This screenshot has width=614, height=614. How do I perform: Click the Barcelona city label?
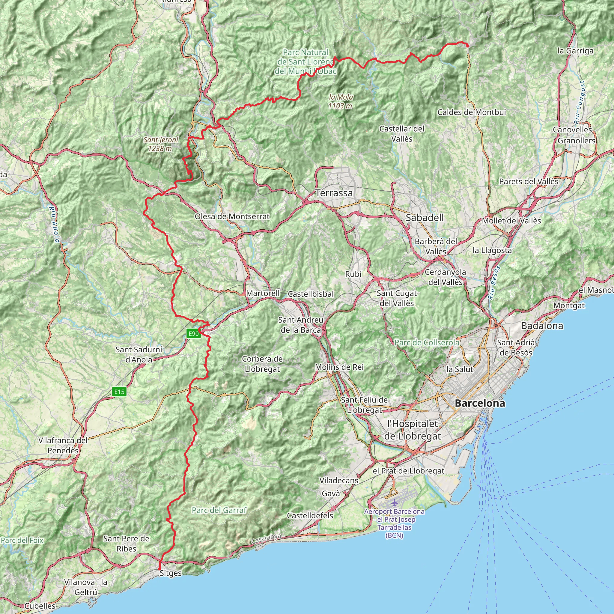click(x=480, y=403)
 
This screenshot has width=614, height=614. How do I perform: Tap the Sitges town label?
click(x=171, y=573)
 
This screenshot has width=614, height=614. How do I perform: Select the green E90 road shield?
click(x=193, y=333)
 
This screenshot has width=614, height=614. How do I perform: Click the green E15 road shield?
click(x=120, y=392)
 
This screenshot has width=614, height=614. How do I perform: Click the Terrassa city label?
click(x=334, y=193)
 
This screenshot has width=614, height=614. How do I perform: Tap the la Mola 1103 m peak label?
click(x=340, y=101)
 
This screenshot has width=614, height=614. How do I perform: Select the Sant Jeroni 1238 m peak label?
click(x=160, y=144)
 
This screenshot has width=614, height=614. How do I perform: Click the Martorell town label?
click(x=263, y=293)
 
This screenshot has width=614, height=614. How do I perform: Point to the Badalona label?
click(x=542, y=326)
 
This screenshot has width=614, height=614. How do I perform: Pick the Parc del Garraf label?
click(x=219, y=510)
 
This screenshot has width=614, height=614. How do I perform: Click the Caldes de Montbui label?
click(x=472, y=112)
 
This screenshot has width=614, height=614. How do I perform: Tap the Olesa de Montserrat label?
click(x=232, y=216)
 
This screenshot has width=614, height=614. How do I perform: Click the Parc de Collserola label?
click(x=427, y=343)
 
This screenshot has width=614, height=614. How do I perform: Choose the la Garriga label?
click(x=575, y=51)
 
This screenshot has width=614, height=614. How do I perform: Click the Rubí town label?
click(x=353, y=274)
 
